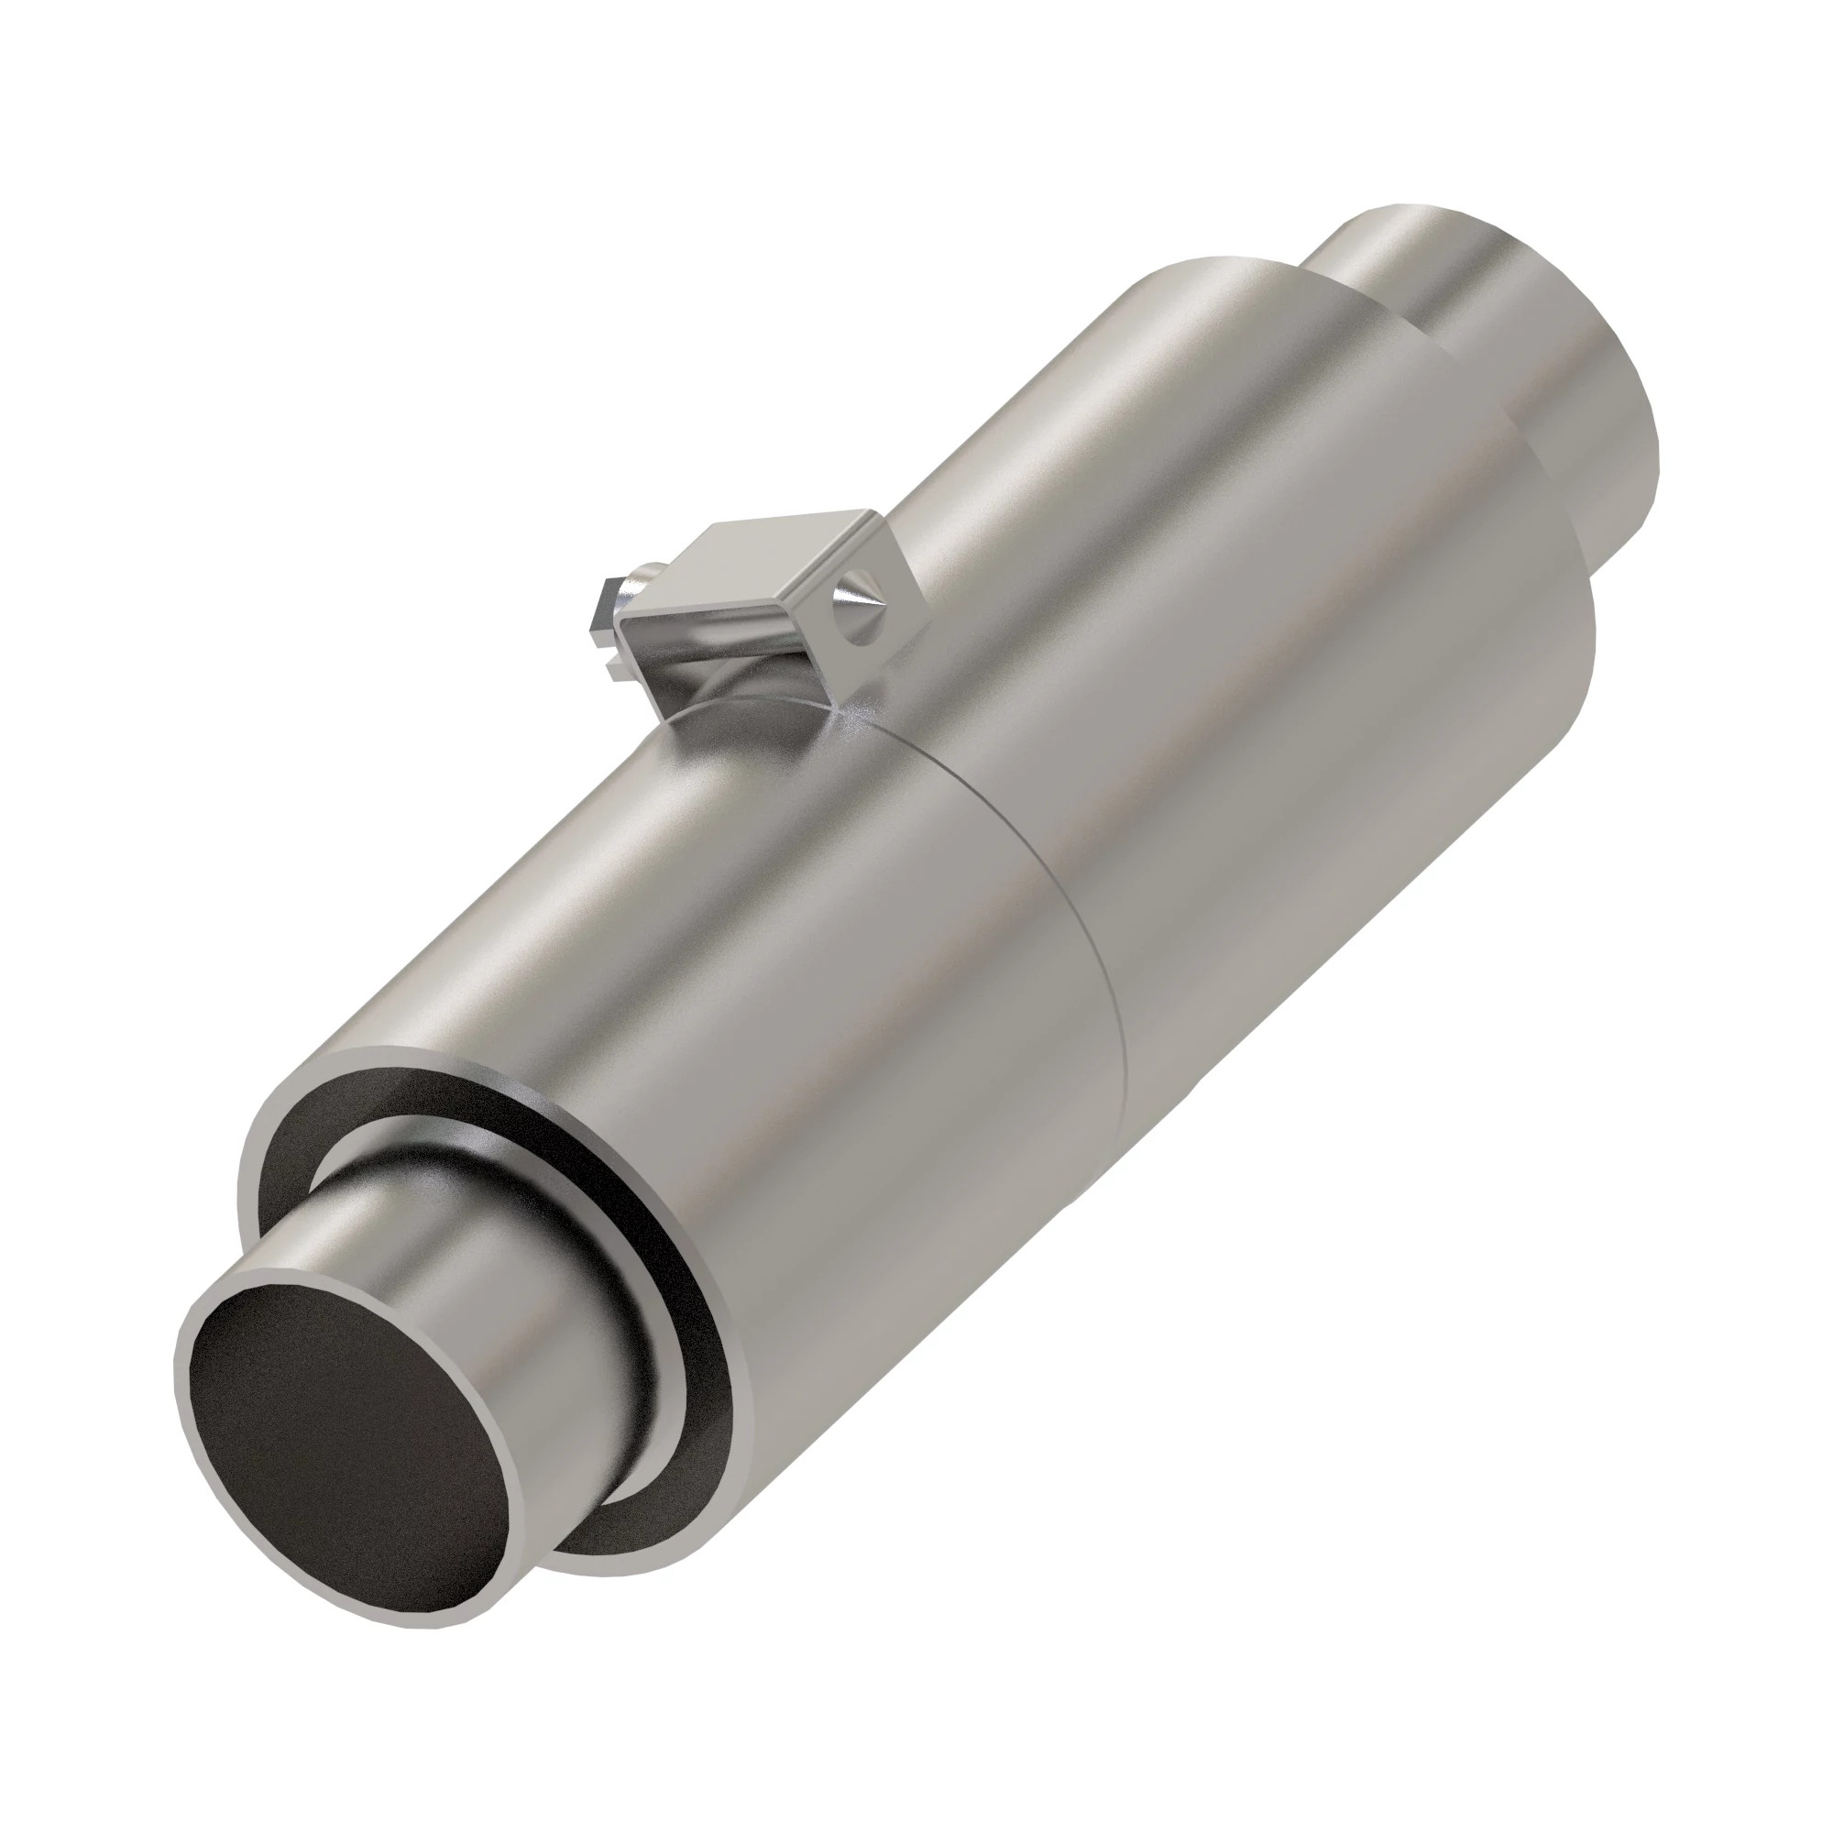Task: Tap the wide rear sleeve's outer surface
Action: click(1234, 617)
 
